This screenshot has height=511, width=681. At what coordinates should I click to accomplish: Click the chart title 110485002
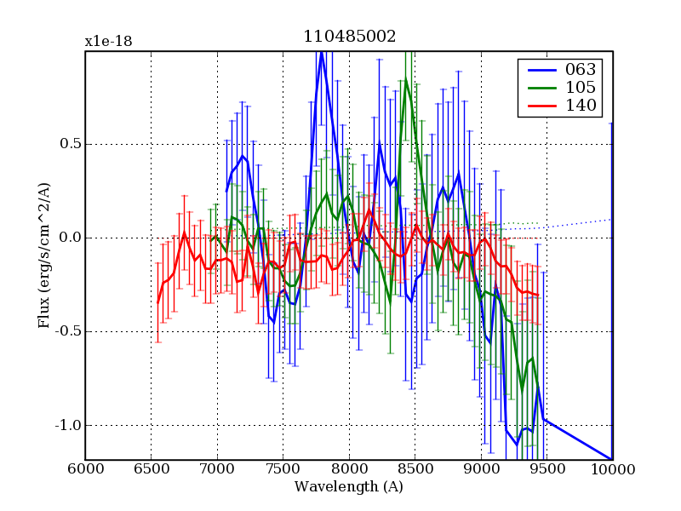pyautogui.click(x=349, y=37)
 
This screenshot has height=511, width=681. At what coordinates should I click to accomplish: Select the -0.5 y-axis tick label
pyautogui.click(x=65, y=331)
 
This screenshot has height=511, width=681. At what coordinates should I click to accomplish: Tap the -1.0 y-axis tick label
pyautogui.click(x=65, y=425)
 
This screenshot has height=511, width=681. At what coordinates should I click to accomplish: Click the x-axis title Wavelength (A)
pyautogui.click(x=349, y=487)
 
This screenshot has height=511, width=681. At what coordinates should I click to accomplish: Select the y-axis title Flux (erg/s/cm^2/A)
pyautogui.click(x=43, y=255)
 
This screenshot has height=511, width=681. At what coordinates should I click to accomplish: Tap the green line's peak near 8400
pyautogui.click(x=406, y=78)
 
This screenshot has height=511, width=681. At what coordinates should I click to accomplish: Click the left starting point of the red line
pyautogui.click(x=157, y=302)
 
